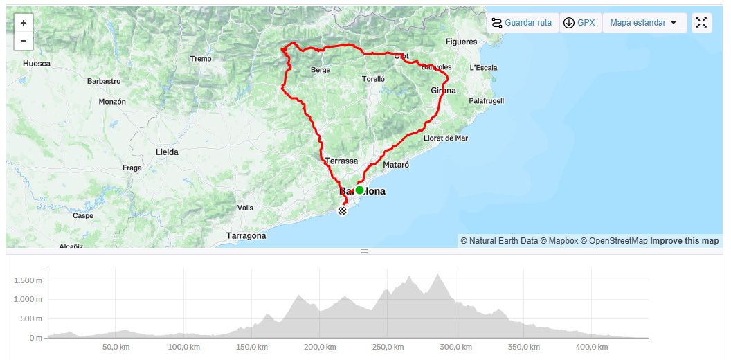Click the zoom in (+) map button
[x=23, y=23]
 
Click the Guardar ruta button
[x=522, y=23]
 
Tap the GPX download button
[x=579, y=23]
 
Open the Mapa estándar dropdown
[x=644, y=23]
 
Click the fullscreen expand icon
[x=701, y=23]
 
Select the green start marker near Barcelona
[x=359, y=190]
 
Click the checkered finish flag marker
[x=342, y=210]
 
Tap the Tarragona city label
[x=246, y=236]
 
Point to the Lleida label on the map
[x=167, y=152]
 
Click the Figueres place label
[x=461, y=42]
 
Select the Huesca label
[x=37, y=64]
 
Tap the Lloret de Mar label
[x=445, y=138]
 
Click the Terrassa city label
[x=341, y=161]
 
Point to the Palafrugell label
[x=486, y=101]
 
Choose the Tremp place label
[x=201, y=59]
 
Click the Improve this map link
[x=684, y=241]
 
